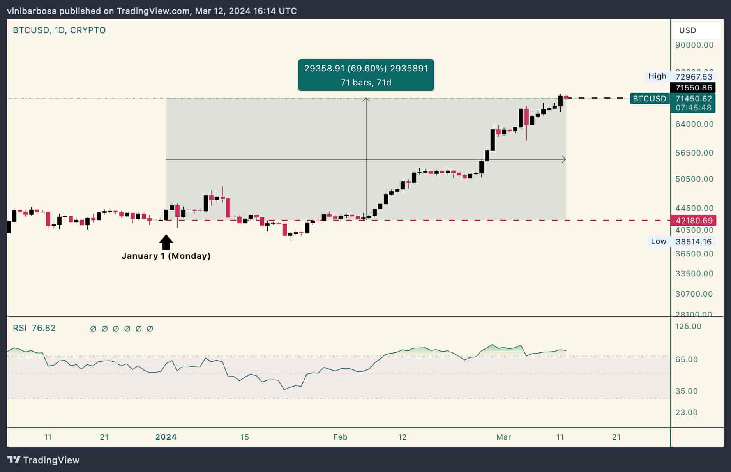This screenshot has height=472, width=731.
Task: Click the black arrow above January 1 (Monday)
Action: point(166,242)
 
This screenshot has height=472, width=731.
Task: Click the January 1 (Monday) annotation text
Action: point(166,256)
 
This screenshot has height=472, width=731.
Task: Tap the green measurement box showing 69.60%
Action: point(366,75)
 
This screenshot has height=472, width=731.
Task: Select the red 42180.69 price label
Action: point(694,221)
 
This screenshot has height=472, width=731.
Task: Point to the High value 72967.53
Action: point(694,77)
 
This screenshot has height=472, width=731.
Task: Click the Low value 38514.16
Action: point(693,242)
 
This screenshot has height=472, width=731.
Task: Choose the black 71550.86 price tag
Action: point(693,88)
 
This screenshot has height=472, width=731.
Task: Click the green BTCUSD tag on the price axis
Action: point(649,99)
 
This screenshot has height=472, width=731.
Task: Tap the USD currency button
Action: point(688,30)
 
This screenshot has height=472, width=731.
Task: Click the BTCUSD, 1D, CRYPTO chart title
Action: point(59,30)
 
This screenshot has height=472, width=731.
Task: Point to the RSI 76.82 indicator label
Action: point(34,328)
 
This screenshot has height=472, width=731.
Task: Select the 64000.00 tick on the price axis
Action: point(694,124)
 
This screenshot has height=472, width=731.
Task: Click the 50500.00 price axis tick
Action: point(694,179)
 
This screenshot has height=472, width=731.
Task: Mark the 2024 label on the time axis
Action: point(166,437)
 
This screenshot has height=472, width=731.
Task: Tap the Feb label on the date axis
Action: point(340,437)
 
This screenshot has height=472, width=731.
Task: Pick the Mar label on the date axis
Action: point(503,437)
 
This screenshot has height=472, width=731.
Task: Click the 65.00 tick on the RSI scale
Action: point(686,359)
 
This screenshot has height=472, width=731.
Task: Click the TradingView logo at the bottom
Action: point(43,460)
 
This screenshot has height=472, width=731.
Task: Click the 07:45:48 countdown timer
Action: point(693,108)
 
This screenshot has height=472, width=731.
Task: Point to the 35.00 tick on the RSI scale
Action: point(686,391)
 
